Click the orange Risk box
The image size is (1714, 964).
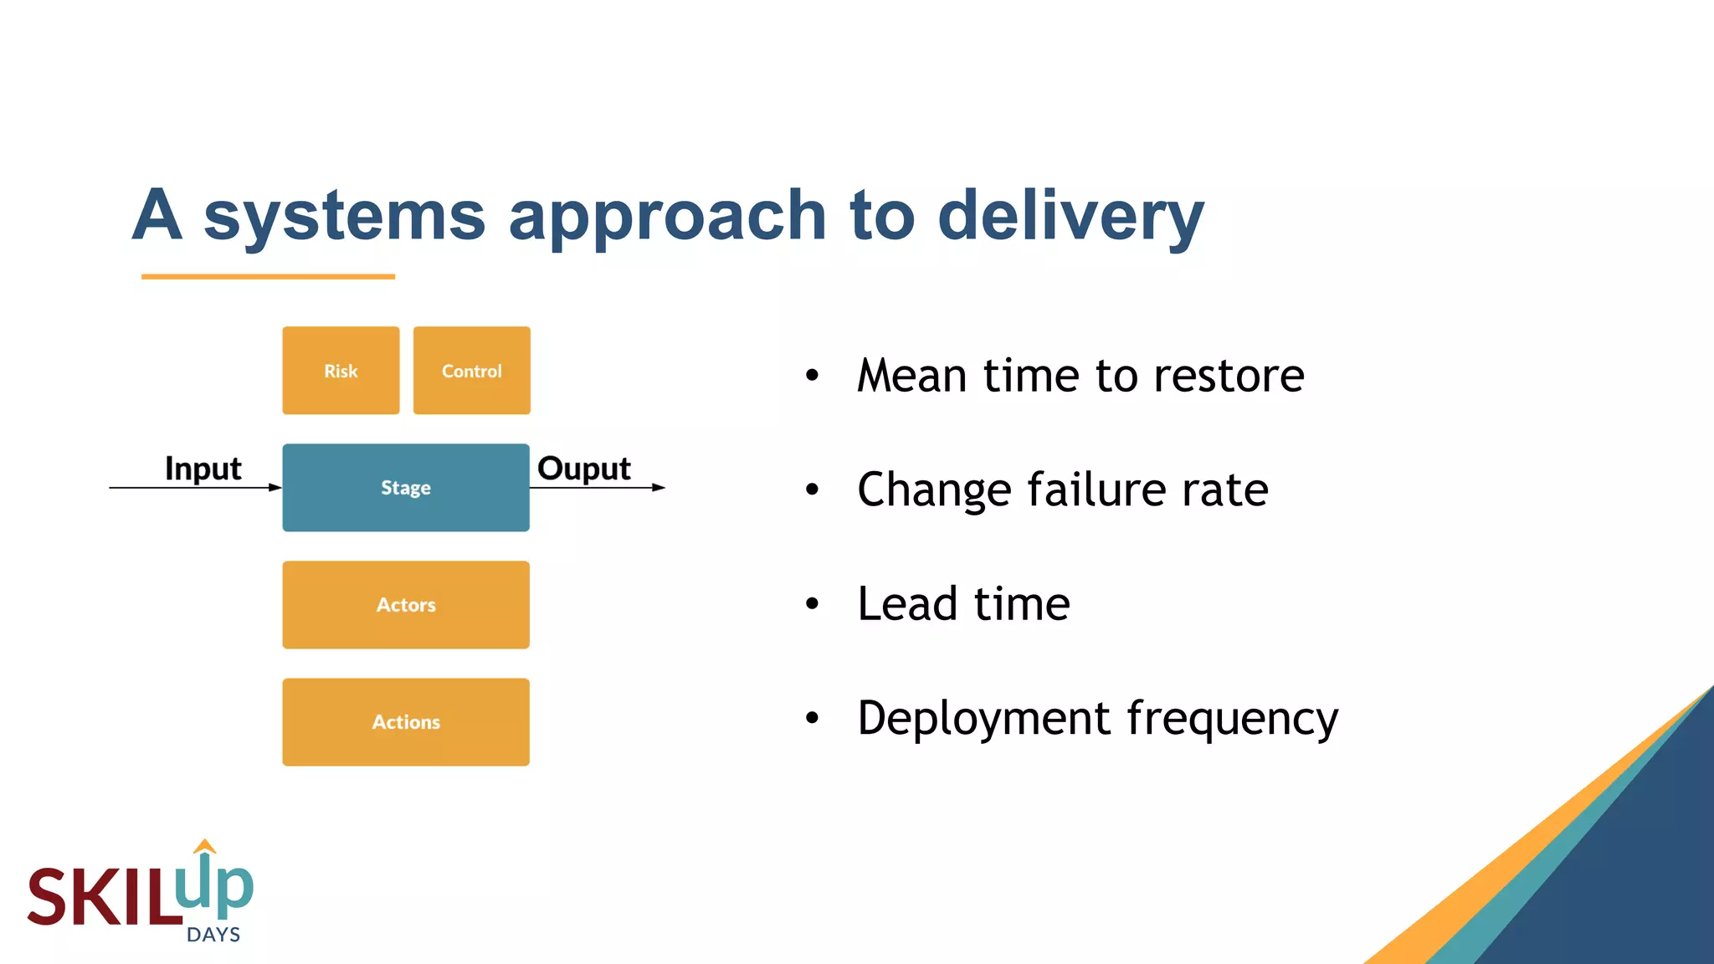(x=341, y=371)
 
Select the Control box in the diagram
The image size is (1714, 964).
(x=471, y=371)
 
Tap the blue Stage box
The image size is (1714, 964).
(x=406, y=487)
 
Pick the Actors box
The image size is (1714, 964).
(x=406, y=604)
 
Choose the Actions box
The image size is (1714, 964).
(x=406, y=721)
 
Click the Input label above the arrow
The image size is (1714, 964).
(x=203, y=469)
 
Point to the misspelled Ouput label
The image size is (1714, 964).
(x=583, y=469)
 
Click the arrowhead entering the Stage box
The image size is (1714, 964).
(x=275, y=487)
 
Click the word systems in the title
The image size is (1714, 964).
(x=344, y=216)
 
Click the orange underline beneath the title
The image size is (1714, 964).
(x=268, y=276)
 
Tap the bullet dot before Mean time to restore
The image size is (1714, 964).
(x=812, y=375)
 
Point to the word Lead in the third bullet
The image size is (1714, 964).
(x=907, y=603)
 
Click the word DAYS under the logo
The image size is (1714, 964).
(x=213, y=935)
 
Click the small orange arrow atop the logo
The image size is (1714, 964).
(x=205, y=846)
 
